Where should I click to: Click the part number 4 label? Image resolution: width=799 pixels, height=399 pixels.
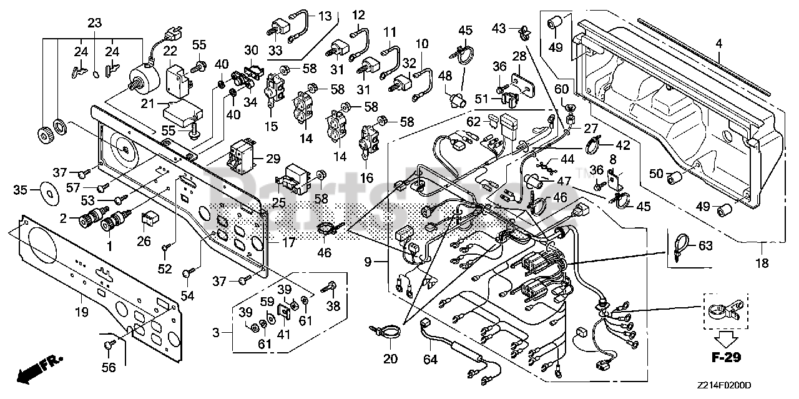coord(718,44)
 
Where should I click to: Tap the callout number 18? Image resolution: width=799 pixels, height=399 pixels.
coord(762,264)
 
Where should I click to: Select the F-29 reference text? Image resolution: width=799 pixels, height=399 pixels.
coord(727,357)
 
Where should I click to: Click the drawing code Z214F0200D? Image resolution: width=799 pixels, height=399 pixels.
coord(724,386)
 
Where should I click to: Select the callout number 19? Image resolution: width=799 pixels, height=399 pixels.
coord(82,313)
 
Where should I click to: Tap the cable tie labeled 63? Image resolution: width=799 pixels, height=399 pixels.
coord(680,245)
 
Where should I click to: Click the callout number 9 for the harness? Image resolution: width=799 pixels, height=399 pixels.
coord(368,262)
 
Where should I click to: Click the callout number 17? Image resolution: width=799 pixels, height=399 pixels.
coord(288,243)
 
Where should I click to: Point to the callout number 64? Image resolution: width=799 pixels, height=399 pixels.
coord(430,360)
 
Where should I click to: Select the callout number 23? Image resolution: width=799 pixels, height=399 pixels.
coord(94,24)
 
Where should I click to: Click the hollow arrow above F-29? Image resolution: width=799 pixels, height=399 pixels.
coord(727,338)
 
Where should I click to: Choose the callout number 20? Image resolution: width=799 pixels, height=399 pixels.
coord(390,358)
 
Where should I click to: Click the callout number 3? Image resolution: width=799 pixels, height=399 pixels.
coord(216,333)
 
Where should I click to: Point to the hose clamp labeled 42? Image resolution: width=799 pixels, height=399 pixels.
coord(592,145)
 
